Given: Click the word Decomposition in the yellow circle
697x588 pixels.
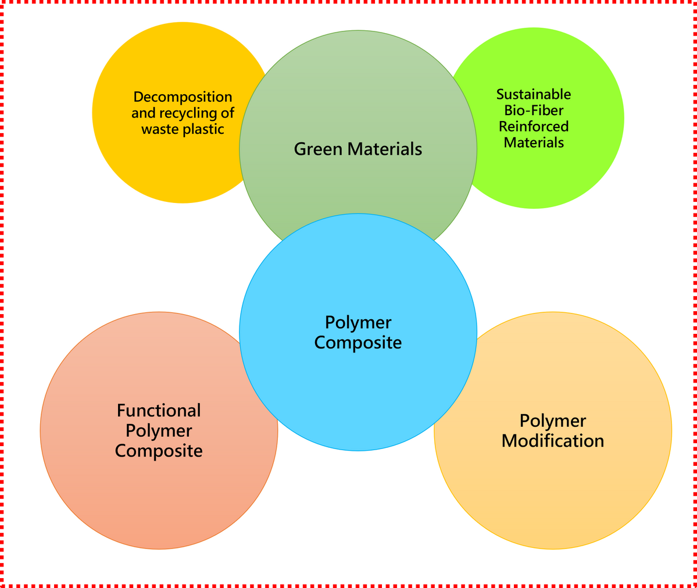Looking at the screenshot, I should [x=183, y=97].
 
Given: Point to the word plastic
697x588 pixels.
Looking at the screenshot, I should [x=203, y=129].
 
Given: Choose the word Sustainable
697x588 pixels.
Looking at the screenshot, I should [x=534, y=94].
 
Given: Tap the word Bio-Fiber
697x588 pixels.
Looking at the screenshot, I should [x=534, y=110].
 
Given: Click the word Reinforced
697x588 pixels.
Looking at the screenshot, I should [x=534, y=126].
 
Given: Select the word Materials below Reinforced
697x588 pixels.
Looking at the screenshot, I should [x=534, y=142].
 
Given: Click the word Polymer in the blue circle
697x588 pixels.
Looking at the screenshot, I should [x=358, y=322].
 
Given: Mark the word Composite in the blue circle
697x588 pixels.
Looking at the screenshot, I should [x=358, y=343].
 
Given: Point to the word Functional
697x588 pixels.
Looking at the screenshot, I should [x=159, y=411].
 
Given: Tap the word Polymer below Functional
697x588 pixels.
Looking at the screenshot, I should [x=159, y=431].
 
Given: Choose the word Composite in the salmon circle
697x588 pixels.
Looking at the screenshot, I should [x=159, y=451].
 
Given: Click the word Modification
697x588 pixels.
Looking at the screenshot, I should [x=553, y=441].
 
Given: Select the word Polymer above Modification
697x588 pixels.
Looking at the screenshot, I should [x=553, y=420].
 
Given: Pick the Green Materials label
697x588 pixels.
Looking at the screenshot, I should [x=358, y=149].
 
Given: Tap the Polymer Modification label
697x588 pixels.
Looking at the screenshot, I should [x=553, y=431].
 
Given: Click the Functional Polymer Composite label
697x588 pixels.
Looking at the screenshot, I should [x=159, y=431].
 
